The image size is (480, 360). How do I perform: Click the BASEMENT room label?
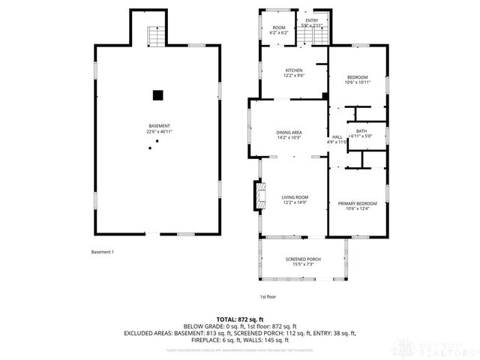[x=158, y=125]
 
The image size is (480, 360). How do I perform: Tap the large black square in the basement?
[x=157, y=95]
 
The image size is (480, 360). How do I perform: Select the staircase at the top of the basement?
[x=156, y=34]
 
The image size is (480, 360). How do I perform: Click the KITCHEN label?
[x=273, y=70]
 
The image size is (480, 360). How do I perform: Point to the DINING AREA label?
[x=288, y=132]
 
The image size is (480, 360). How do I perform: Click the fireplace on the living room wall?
[x=259, y=197]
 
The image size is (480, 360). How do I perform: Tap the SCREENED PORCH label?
[x=303, y=259]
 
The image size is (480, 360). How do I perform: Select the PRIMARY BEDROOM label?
[x=356, y=204]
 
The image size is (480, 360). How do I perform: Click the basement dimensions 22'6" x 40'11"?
[x=158, y=132]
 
